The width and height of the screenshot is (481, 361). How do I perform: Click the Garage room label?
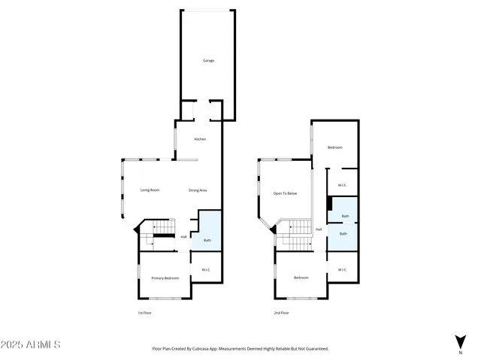pyautogui.click(x=208, y=60)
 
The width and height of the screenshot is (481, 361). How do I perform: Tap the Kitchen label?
pyautogui.click(x=200, y=139)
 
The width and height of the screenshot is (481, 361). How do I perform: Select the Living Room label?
pyautogui.click(x=150, y=190)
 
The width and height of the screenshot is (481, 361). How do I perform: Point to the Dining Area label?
pyautogui.click(x=198, y=190)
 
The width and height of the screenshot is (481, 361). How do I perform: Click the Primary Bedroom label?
pyautogui.click(x=165, y=278)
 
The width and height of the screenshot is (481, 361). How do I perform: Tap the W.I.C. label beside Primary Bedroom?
pyautogui.click(x=205, y=270)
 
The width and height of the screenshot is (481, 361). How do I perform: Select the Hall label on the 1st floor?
pyautogui.click(x=183, y=237)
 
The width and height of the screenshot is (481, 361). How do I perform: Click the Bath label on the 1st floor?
pyautogui.click(x=207, y=241)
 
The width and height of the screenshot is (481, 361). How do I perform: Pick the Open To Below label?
pyautogui.click(x=285, y=193)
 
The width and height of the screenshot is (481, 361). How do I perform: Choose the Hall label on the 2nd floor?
pyautogui.click(x=319, y=229)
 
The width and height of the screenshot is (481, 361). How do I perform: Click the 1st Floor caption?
pyautogui.click(x=144, y=312)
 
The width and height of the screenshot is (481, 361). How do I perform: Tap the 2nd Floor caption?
pyautogui.click(x=281, y=312)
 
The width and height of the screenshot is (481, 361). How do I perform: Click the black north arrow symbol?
pyautogui.click(x=460, y=341)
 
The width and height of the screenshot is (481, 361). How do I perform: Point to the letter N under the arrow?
pyautogui.click(x=460, y=352)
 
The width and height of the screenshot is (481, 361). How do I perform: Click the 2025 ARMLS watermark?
pyautogui.click(x=31, y=344)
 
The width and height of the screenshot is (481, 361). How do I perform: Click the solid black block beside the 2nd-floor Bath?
pyautogui.click(x=329, y=203)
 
